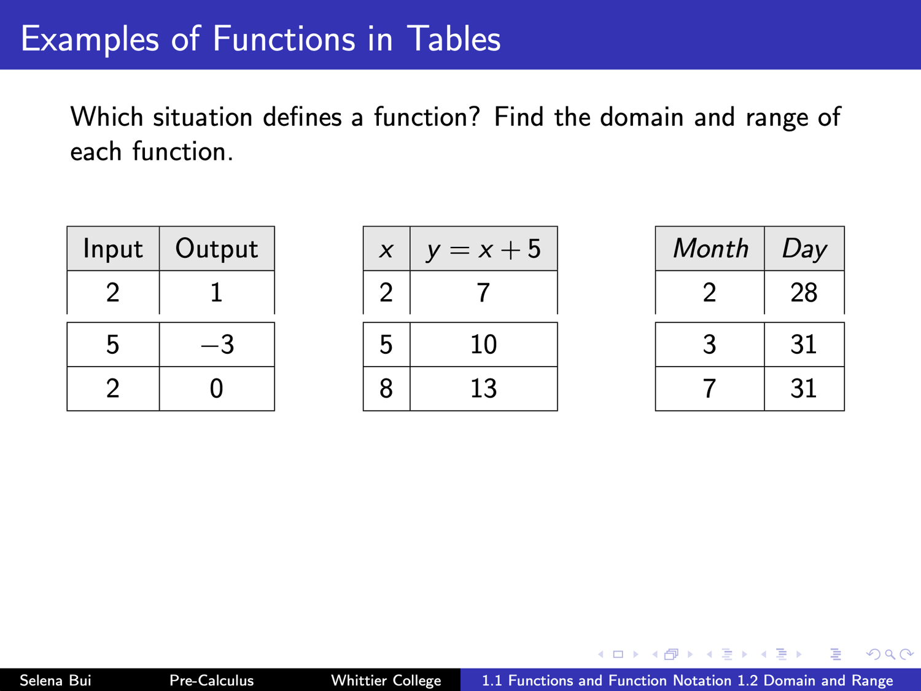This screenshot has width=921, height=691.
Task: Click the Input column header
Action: click(113, 248)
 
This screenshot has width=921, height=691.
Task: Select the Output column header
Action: click(217, 248)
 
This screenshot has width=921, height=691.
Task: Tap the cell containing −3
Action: click(217, 345)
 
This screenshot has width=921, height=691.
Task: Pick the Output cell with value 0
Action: click(217, 389)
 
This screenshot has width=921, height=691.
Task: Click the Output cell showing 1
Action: click(217, 292)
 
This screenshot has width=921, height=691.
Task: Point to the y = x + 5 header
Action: click(484, 248)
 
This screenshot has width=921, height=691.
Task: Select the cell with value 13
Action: click(484, 389)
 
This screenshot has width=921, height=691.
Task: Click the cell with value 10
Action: click(484, 345)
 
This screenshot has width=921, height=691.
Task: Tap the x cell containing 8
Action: click(386, 389)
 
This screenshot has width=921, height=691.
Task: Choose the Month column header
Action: click(710, 248)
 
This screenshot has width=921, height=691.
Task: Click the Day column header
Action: click(804, 248)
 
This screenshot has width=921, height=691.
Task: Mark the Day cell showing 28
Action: click(804, 292)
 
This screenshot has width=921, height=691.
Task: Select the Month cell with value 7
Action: click(710, 389)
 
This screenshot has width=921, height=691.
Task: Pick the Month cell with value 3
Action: click(710, 345)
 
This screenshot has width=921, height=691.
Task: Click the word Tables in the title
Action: click(454, 38)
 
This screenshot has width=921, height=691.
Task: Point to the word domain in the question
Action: click(642, 117)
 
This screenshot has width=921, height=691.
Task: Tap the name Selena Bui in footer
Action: click(55, 680)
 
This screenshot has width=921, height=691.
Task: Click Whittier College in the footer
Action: click(386, 680)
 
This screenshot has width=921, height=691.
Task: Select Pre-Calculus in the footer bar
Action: click(211, 680)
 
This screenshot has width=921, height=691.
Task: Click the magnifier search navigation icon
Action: click(890, 654)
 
